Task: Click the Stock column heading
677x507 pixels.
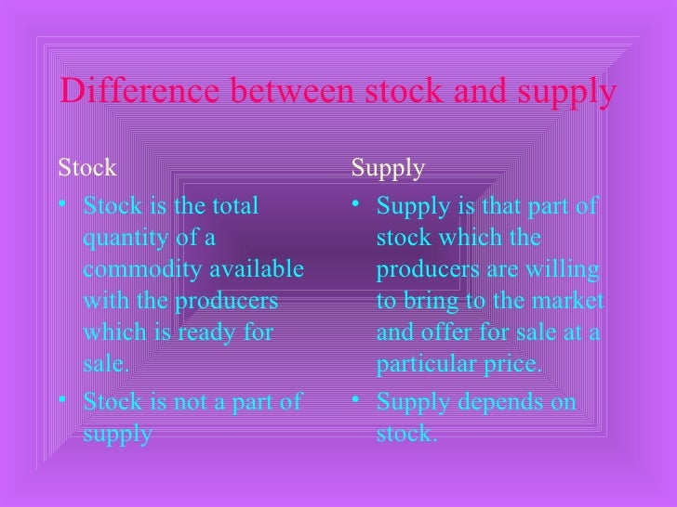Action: (87, 168)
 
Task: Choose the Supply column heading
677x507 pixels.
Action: (388, 169)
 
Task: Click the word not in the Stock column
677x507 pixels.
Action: (195, 402)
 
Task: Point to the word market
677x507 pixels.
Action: (569, 302)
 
